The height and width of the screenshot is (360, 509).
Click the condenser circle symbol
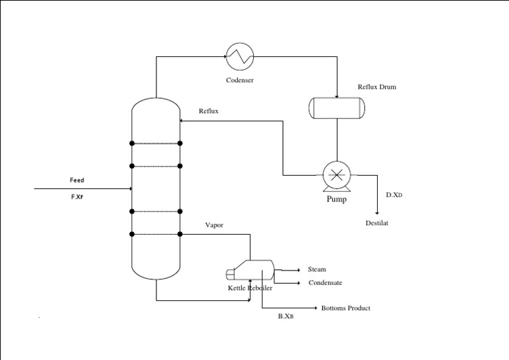(239, 56)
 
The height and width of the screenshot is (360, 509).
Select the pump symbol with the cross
(337, 176)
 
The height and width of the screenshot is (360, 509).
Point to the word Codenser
(240, 80)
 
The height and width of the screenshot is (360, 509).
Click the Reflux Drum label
(376, 87)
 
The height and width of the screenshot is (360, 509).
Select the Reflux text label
(209, 111)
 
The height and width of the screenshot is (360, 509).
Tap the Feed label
(77, 180)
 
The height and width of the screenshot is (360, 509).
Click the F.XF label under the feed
(77, 197)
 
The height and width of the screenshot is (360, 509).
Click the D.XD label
(394, 196)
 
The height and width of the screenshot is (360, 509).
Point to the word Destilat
(377, 223)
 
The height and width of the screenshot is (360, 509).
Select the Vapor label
(214, 225)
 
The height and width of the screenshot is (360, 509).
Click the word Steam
(317, 269)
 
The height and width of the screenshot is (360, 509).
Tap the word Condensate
(325, 283)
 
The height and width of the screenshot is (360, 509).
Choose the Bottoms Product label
(345, 308)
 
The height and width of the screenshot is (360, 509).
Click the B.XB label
(286, 317)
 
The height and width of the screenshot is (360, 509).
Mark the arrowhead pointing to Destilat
(377, 212)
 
